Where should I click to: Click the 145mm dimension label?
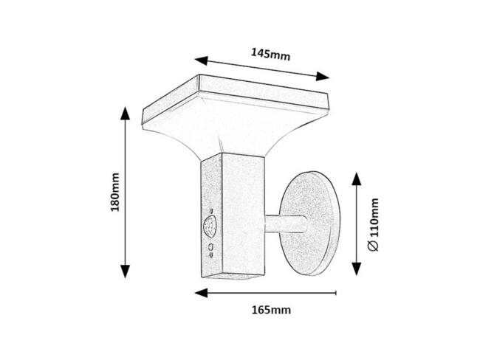click(x=270, y=53)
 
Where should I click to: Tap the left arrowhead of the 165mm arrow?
click(x=200, y=292)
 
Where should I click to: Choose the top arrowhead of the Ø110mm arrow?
click(x=357, y=178)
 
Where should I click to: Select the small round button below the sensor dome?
click(x=211, y=246)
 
